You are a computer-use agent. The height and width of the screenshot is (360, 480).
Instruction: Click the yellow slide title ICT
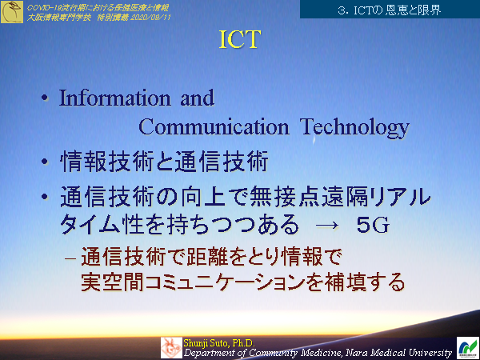click(x=239, y=42)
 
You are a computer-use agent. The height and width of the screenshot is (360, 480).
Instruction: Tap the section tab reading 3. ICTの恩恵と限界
click(x=390, y=10)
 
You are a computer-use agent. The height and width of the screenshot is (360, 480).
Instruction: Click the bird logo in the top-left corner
click(x=12, y=11)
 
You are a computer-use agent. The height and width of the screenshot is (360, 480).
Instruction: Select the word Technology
click(x=354, y=127)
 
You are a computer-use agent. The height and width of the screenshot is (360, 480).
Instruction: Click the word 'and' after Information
click(x=197, y=98)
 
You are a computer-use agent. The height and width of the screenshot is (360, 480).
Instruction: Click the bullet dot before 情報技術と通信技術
click(x=45, y=162)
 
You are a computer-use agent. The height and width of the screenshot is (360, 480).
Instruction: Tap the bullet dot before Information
click(x=45, y=100)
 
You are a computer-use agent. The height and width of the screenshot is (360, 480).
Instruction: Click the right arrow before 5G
click(x=327, y=226)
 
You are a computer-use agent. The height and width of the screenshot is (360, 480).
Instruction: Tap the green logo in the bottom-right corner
click(x=466, y=347)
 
